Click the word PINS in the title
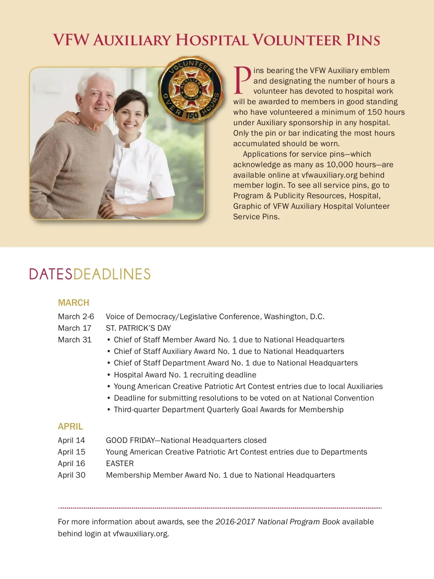coord(363,40)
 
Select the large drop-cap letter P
coord(242,80)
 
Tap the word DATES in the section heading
coord(51,274)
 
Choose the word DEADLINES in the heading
coord(112,274)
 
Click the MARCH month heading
coord(73,303)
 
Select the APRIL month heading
coord(70,426)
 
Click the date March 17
coord(75,328)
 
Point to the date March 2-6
coord(76,317)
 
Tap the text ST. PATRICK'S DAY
coord(138,328)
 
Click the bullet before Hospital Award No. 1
coord(109,375)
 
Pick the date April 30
coord(72,475)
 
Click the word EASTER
coord(120,464)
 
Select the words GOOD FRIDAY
coord(130,440)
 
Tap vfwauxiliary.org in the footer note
coord(140,534)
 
